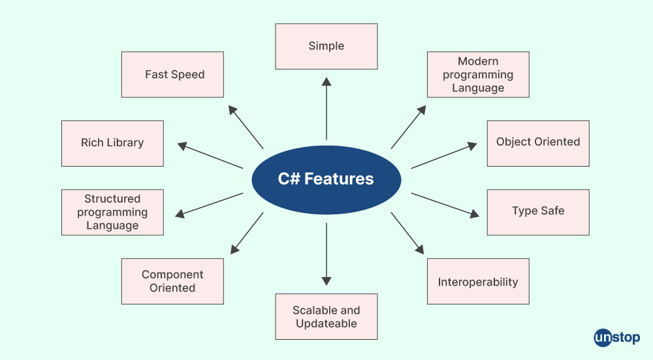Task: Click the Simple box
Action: pos(326,46)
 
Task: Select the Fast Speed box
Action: pos(172,74)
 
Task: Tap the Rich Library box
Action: pos(112,143)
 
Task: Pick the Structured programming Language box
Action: pos(112,212)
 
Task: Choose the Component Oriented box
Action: pos(172,281)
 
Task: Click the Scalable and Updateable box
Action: pos(326,316)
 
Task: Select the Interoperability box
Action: pos(478,281)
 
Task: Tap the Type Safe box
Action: pos(538,212)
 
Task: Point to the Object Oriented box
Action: pos(538,143)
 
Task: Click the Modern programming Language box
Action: pos(478,74)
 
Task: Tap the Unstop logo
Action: pos(617,338)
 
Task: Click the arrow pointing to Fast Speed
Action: pos(246,127)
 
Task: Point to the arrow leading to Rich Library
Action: pos(210,156)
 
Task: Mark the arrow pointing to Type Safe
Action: pos(444,204)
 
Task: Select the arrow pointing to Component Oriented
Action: pos(247,233)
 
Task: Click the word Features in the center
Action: pos(339,179)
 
